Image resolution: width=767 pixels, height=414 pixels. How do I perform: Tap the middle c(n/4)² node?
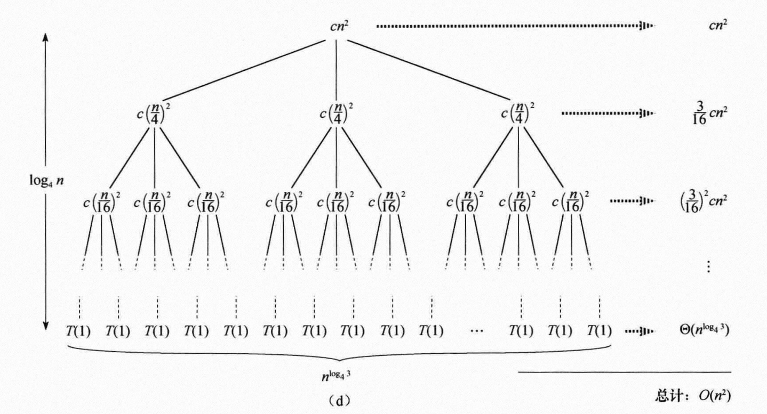(336, 113)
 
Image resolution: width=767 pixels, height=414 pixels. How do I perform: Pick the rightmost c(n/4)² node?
(519, 113)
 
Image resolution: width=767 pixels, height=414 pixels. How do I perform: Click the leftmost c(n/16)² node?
(100, 201)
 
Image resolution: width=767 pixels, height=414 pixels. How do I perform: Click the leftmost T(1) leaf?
(77, 331)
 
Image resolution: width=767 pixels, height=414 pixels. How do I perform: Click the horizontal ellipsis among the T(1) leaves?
(476, 331)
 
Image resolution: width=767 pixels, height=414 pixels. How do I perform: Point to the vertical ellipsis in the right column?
(708, 266)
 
